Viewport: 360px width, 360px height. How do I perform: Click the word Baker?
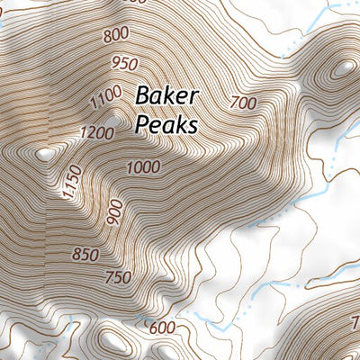point(166,96)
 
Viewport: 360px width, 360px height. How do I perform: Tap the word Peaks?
point(166,124)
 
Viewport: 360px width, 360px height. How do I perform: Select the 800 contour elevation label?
point(116,35)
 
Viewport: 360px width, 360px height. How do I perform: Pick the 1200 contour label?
point(96,134)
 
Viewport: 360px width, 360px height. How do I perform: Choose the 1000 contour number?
point(143,167)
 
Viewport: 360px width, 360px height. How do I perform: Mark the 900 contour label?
point(113,211)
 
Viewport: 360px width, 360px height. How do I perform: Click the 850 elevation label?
point(85,256)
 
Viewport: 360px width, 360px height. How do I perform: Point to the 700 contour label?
point(243,103)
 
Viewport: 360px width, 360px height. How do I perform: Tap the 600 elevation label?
point(162,328)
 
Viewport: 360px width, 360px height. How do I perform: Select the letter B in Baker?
point(143,96)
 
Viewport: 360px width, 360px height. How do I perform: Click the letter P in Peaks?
point(142,124)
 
